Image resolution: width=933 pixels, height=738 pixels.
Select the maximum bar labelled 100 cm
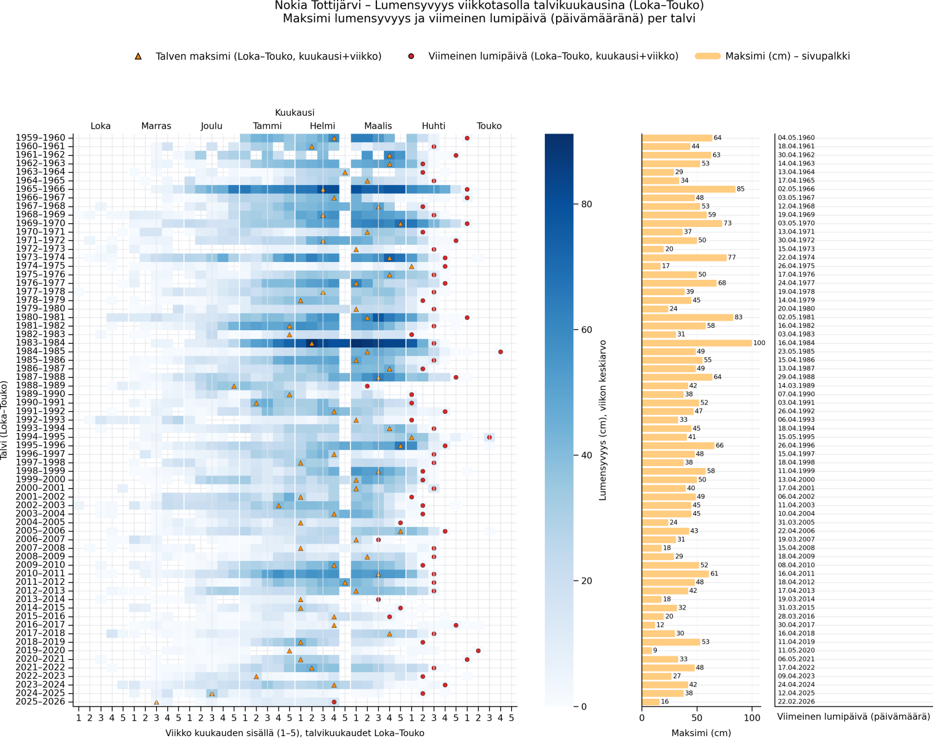pyautogui.click(x=697, y=343)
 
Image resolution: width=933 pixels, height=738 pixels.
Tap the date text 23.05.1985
pyautogui.click(x=796, y=352)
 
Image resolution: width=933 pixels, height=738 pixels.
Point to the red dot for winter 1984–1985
pyautogui.click(x=501, y=352)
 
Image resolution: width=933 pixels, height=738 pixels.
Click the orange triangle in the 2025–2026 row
pyautogui.click(x=156, y=702)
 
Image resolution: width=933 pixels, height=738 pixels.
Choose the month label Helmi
pyautogui.click(x=322, y=126)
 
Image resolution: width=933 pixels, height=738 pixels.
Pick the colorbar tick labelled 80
pyautogui.click(x=584, y=204)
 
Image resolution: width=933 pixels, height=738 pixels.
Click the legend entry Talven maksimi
pyautogui.click(x=268, y=56)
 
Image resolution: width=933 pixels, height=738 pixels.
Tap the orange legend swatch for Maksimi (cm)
pyautogui.click(x=707, y=56)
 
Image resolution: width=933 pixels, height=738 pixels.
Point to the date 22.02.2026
pyautogui.click(x=796, y=702)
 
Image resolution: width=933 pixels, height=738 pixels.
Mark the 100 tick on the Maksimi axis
pyautogui.click(x=752, y=718)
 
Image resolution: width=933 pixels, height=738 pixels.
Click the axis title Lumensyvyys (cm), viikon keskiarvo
pyautogui.click(x=603, y=419)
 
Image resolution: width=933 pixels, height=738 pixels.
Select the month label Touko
pyautogui.click(x=489, y=126)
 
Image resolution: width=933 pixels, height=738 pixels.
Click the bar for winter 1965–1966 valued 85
pyautogui.click(x=688, y=189)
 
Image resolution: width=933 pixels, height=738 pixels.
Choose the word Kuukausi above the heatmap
pyautogui.click(x=295, y=113)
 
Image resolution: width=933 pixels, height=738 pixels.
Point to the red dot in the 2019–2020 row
pyautogui.click(x=478, y=651)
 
